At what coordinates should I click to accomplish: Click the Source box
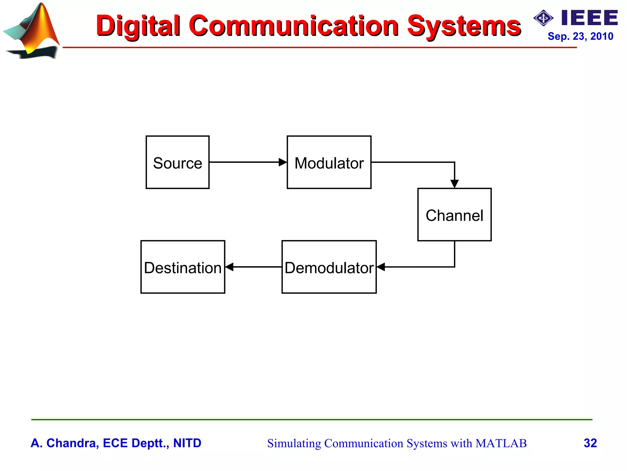coord(178,162)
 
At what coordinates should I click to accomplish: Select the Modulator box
coord(329,162)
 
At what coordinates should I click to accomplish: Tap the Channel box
coord(454,215)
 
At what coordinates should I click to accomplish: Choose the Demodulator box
coord(329,267)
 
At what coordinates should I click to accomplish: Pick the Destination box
coord(183,267)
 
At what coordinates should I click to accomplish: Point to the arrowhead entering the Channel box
coord(455,184)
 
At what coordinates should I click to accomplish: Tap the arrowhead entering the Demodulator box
coord(381,267)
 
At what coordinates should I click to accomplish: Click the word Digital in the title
coord(138,26)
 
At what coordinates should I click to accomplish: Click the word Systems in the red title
coord(464,26)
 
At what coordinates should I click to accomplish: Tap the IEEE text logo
coord(590,18)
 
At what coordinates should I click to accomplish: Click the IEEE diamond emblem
coord(543,18)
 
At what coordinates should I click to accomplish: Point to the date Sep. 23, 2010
coord(580,36)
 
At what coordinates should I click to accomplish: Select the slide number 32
coord(590,443)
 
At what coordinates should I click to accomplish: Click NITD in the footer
coord(187,443)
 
